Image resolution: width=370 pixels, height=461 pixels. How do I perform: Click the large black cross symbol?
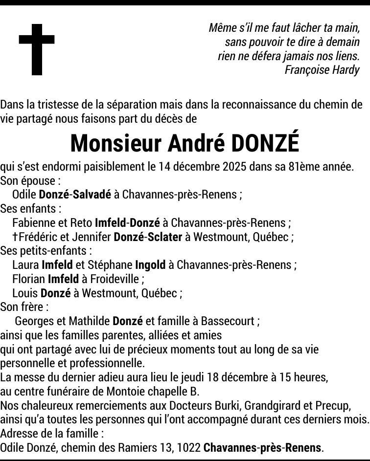[37, 49]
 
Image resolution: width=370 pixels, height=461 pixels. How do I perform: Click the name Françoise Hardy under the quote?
[322, 70]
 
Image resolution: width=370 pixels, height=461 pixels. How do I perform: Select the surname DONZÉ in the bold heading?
[265, 143]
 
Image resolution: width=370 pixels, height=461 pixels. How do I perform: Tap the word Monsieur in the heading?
[116, 143]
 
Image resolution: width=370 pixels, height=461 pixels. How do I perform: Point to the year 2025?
[234, 167]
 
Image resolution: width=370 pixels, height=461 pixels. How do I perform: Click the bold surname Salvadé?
[92, 195]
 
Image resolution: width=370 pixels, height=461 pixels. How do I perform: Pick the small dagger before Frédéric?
[15, 237]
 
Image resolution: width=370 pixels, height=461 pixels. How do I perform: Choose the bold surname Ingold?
[150, 265]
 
